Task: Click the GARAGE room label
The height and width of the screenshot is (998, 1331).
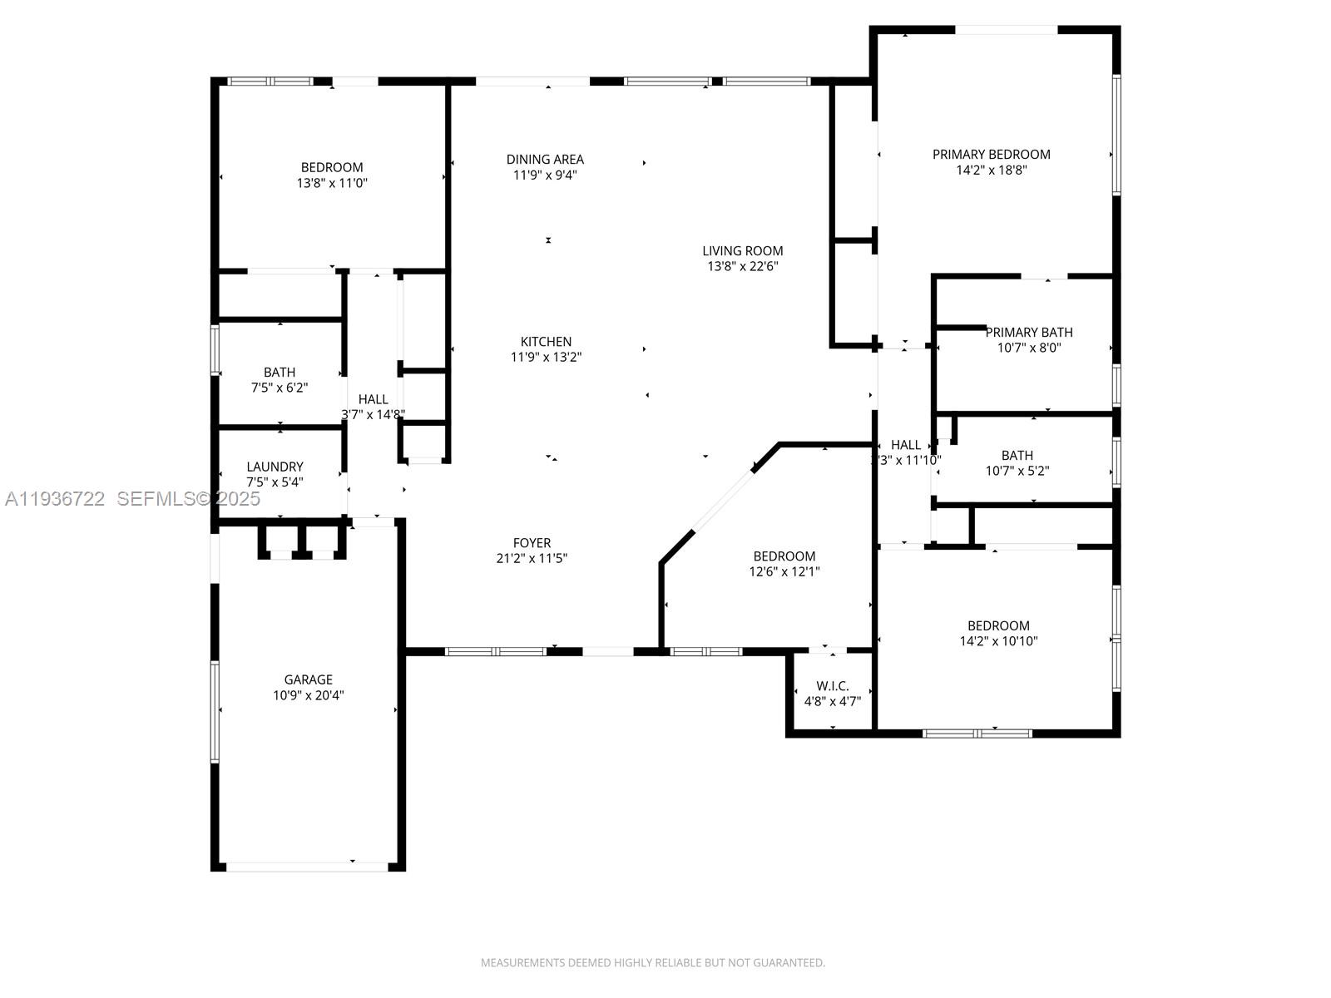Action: point(308,679)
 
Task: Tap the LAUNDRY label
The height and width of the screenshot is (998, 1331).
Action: point(275,467)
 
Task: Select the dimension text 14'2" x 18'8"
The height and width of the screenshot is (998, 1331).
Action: point(992,170)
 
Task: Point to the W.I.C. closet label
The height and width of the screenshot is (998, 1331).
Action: point(833,686)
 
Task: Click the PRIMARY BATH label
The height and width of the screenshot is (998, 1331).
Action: point(1029,332)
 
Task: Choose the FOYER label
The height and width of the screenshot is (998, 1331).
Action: point(532,543)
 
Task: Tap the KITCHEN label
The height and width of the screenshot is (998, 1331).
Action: point(546,342)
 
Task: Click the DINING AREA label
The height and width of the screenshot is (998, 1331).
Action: point(545,160)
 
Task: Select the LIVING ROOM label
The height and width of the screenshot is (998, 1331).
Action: point(743,251)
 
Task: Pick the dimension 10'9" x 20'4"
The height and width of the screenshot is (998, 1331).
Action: point(308,695)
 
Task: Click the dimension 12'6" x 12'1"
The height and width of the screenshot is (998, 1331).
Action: point(784,571)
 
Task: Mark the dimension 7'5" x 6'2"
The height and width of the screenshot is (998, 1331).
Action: point(280,388)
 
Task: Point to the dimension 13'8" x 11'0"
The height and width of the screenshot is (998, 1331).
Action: point(332,183)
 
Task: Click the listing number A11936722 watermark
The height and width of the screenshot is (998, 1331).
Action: point(55,499)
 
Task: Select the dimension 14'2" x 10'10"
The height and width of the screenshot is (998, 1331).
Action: point(999,641)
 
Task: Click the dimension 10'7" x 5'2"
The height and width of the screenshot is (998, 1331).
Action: point(1017,471)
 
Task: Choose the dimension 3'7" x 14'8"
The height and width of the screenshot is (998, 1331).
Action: point(373,415)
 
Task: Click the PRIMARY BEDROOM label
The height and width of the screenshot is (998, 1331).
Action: point(992,155)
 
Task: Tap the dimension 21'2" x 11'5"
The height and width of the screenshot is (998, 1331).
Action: point(532,559)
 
